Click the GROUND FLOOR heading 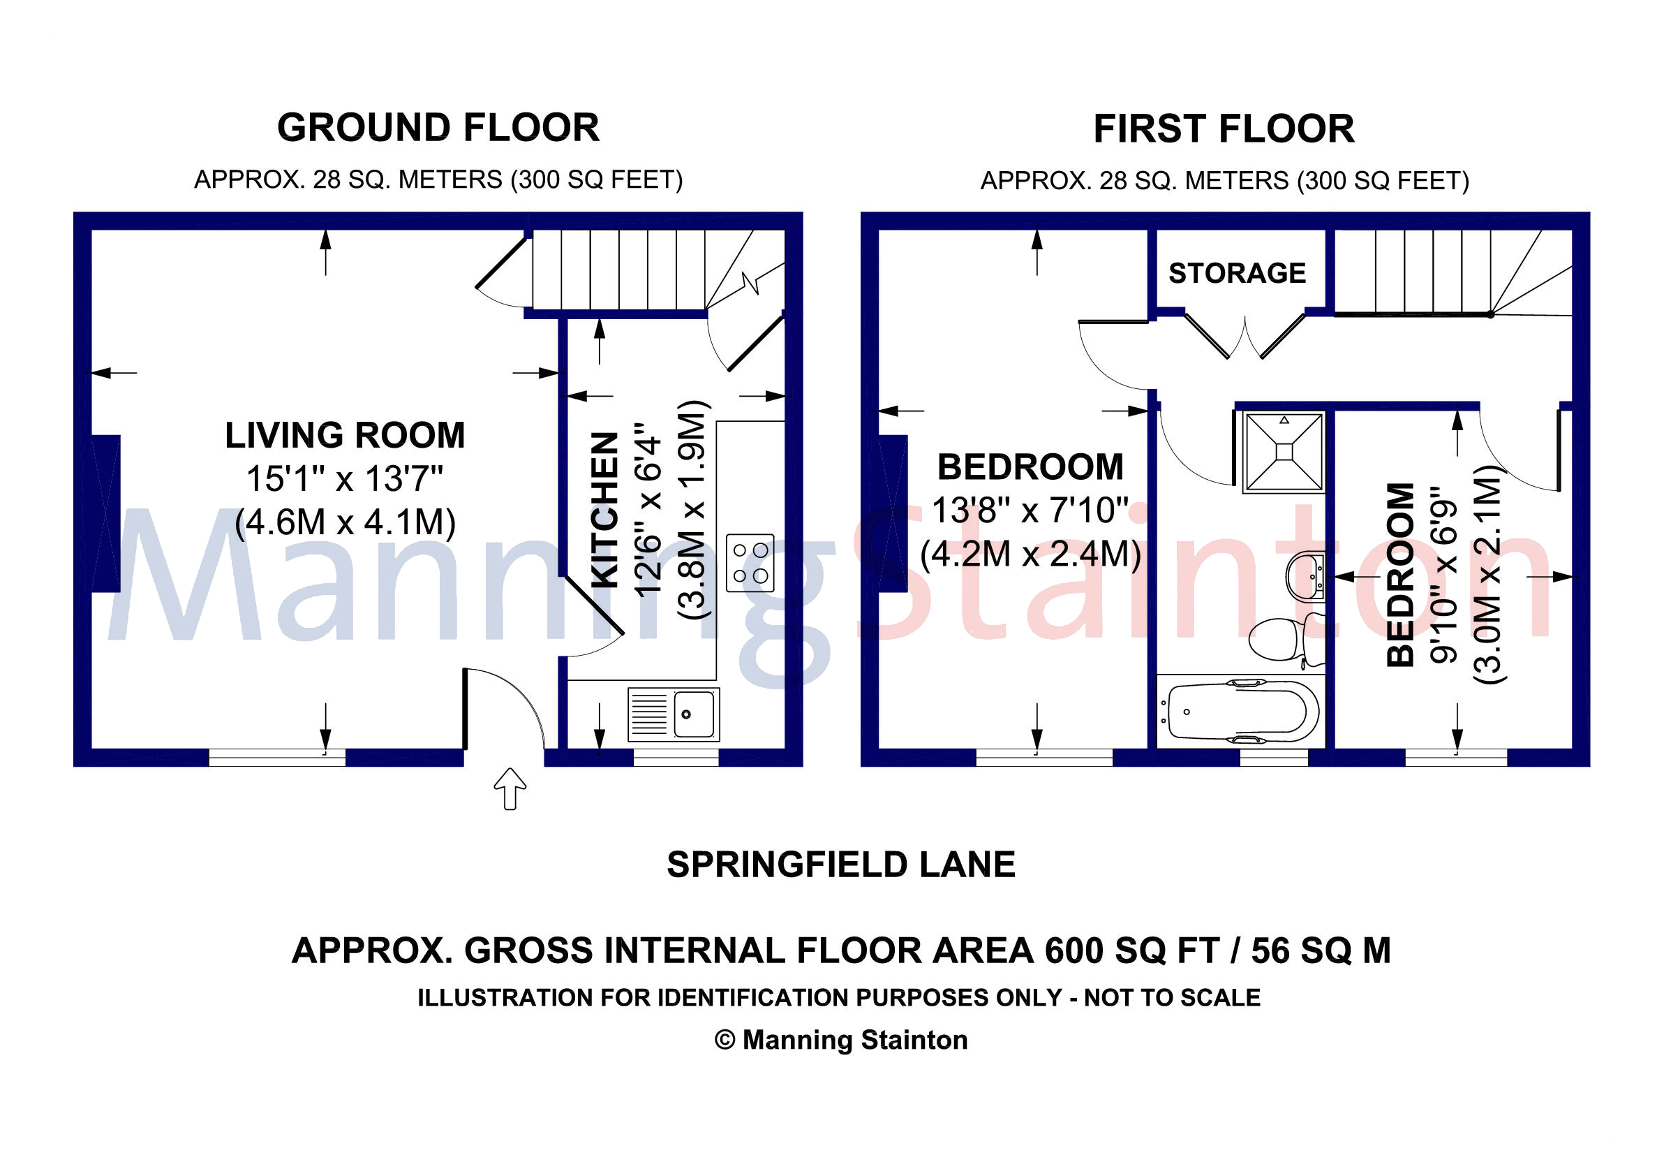pos(438,128)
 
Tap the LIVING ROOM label pos(345,435)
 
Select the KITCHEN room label pos(605,510)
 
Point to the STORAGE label pos(1237,273)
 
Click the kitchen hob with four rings pos(750,564)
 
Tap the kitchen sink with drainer pos(674,714)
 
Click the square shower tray pos(1284,452)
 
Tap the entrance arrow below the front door pos(510,789)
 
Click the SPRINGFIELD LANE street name pos(840,865)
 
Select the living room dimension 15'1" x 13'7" pos(345,478)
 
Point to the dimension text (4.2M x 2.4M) pos(1031,554)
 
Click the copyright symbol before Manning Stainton pos(725,1040)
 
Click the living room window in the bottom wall pos(278,758)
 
